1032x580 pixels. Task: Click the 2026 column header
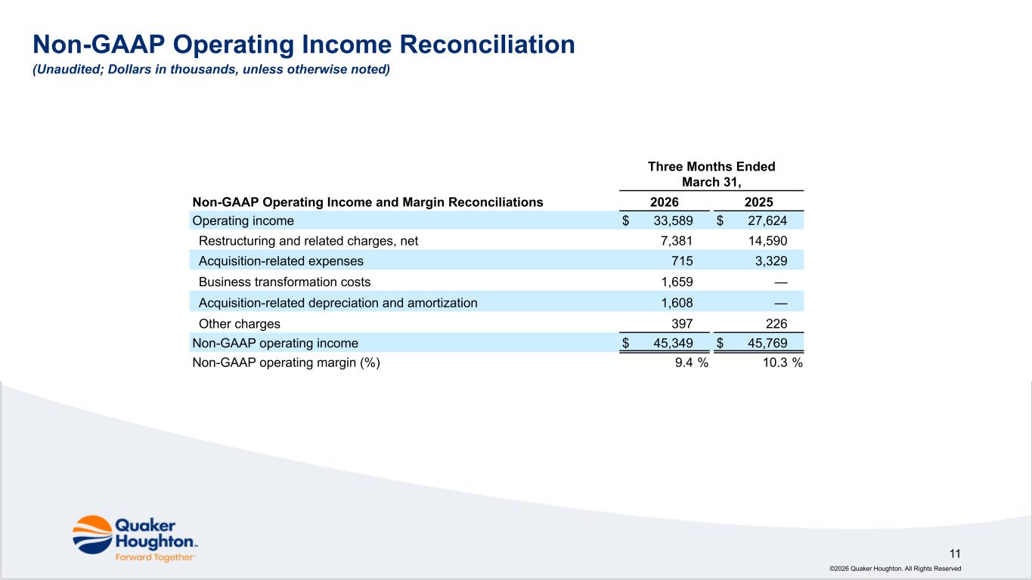tap(664, 202)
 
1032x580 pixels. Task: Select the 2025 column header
tap(758, 202)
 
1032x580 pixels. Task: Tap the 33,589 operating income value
tap(673, 221)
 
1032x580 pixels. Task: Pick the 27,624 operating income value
tap(767, 221)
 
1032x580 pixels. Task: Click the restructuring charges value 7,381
tap(677, 241)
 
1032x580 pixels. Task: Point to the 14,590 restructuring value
tap(767, 241)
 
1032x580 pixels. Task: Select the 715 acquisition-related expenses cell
tap(682, 261)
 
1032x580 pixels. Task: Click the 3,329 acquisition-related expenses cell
tap(770, 261)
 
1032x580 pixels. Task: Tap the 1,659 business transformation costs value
tap(677, 282)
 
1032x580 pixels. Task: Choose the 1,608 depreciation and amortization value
tap(677, 303)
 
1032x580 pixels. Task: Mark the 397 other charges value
tap(682, 323)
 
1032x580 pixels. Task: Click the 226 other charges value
tap(776, 323)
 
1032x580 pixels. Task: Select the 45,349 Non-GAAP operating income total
tap(673, 343)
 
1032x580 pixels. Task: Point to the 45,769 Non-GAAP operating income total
tap(767, 343)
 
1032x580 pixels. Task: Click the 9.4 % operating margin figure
tap(692, 362)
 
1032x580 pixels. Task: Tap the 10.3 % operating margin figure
tap(783, 362)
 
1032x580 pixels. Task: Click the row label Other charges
tap(239, 323)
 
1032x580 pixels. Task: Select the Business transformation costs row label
tap(284, 282)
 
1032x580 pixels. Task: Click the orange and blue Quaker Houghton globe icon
tap(92, 535)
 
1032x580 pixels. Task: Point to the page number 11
tap(955, 554)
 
